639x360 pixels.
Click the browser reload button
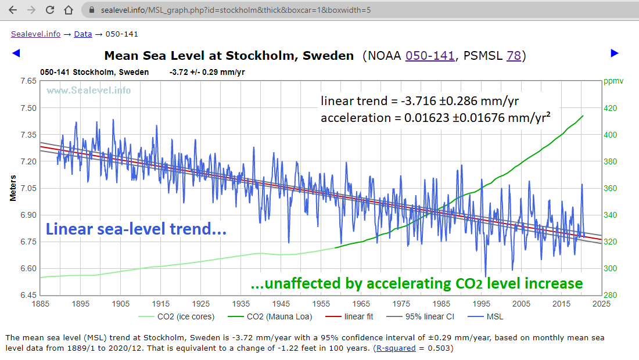[x=50, y=10]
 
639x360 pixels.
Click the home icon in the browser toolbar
[x=69, y=10]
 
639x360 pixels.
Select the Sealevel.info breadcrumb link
[x=35, y=34]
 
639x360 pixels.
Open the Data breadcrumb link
[x=82, y=34]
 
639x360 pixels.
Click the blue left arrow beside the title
[x=16, y=53]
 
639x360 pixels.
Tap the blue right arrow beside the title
[x=615, y=53]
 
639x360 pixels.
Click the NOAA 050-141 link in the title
[x=430, y=56]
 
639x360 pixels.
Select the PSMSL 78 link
[x=514, y=56]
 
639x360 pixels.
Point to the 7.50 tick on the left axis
[x=28, y=108]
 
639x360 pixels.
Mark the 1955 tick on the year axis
[x=321, y=304]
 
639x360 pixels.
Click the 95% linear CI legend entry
[x=427, y=316]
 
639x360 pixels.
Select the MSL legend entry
[x=494, y=316]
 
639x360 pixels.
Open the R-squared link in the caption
[x=396, y=348]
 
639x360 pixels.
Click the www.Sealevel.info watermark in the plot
[x=88, y=90]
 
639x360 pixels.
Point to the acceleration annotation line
[x=436, y=118]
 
